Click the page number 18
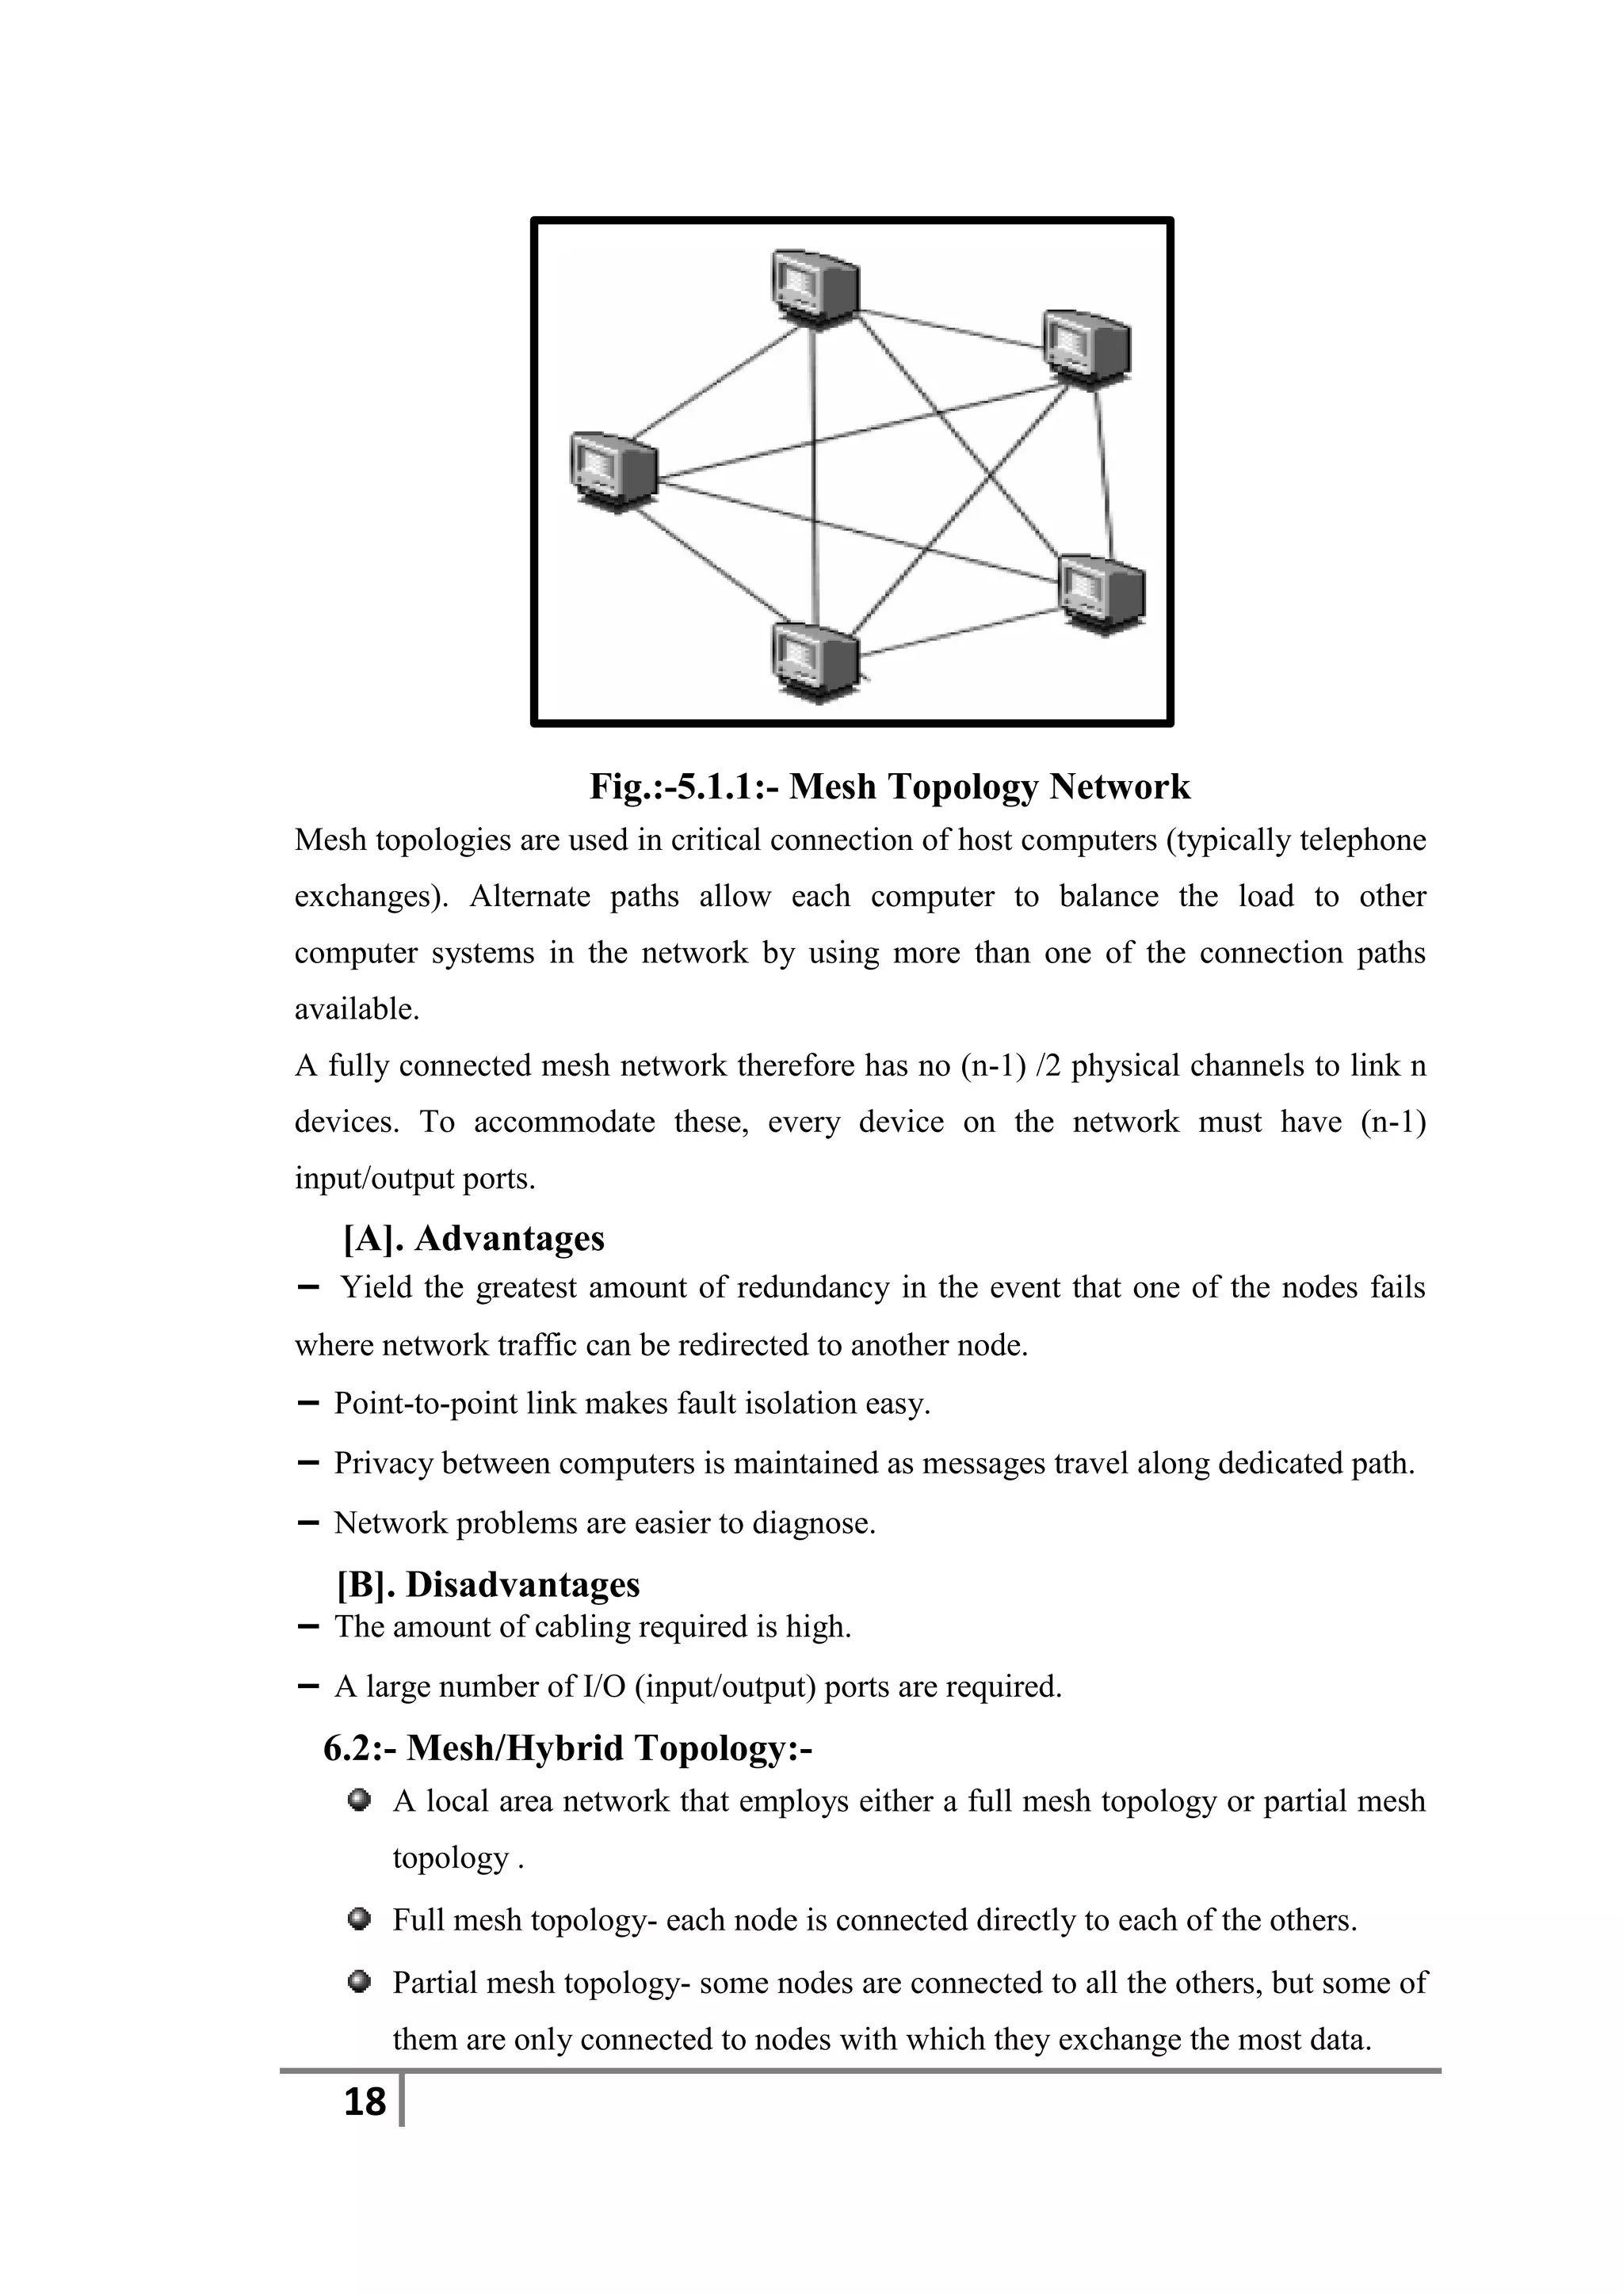click(x=364, y=2102)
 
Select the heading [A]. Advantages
click(x=474, y=1238)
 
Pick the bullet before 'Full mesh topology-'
click(x=360, y=1919)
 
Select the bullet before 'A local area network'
click(x=360, y=1801)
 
